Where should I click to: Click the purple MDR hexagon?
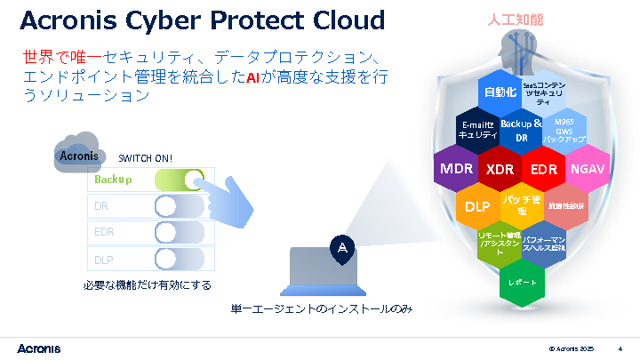click(456, 169)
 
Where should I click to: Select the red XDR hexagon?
click(500, 169)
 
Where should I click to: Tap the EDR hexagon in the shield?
click(543, 169)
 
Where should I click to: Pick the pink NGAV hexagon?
click(587, 169)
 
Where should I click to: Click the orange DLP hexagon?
click(477, 207)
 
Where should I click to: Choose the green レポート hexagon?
click(522, 281)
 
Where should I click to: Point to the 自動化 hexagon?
click(500, 92)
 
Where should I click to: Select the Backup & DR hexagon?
click(522, 131)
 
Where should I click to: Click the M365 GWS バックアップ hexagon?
click(564, 131)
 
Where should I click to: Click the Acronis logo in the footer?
click(43, 346)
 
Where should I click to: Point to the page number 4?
click(620, 347)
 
